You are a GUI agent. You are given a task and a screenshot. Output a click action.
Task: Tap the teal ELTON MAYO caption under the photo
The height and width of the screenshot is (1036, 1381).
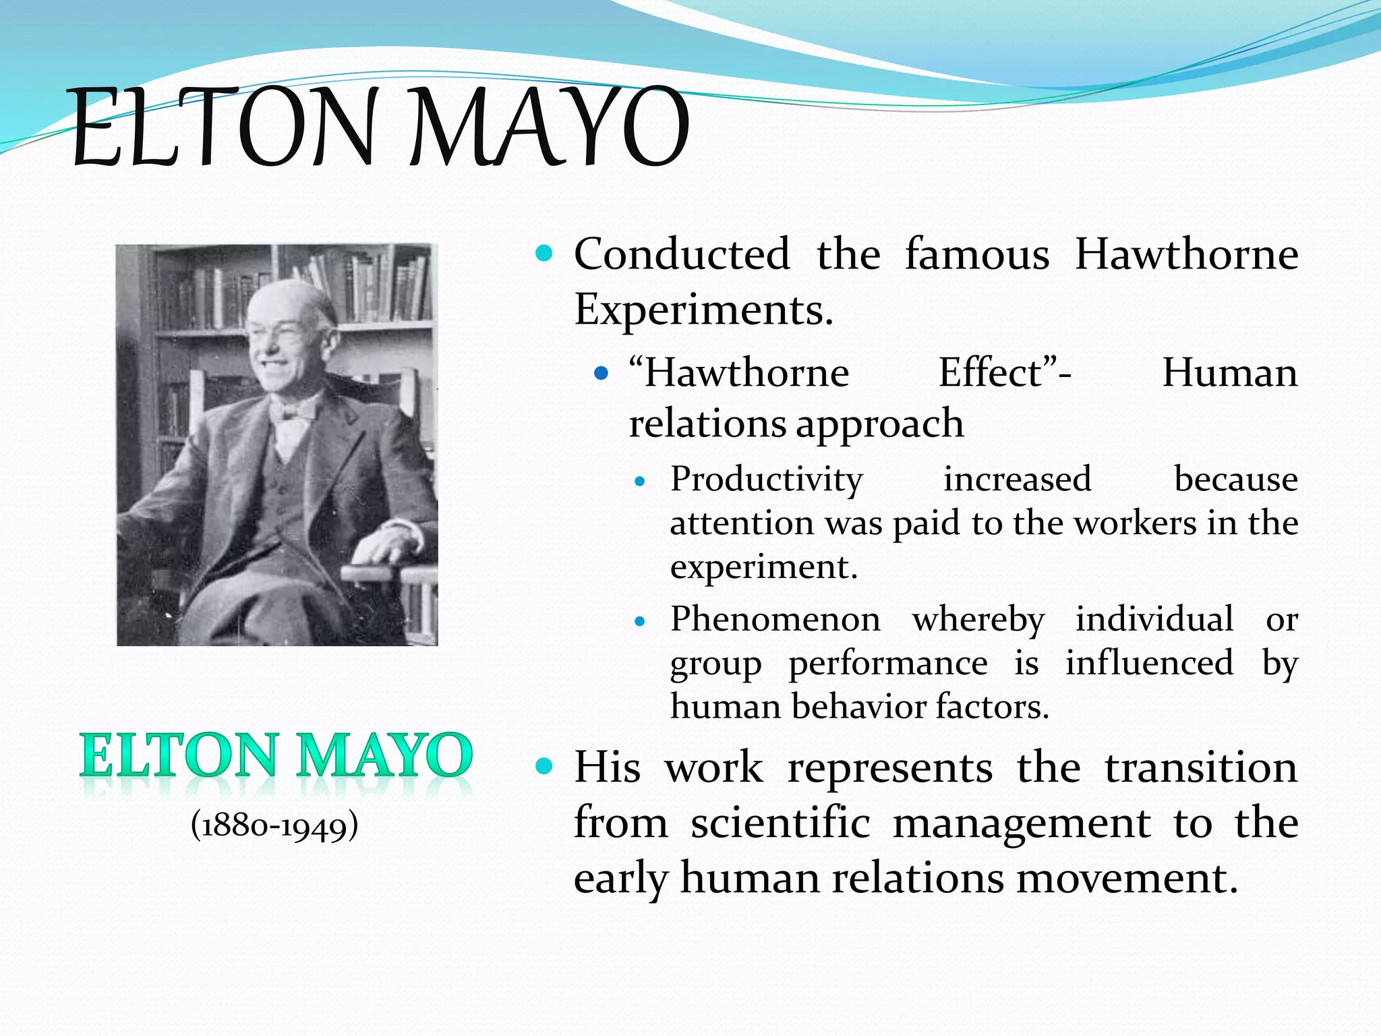(x=276, y=756)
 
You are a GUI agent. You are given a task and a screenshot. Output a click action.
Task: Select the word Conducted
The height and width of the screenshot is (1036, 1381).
(x=681, y=254)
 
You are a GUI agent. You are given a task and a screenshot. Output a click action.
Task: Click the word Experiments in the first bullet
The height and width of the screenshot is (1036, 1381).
(x=703, y=310)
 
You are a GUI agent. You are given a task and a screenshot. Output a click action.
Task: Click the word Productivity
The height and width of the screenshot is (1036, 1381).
(x=766, y=480)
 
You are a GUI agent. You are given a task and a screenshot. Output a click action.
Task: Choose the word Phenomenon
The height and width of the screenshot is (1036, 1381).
(x=775, y=619)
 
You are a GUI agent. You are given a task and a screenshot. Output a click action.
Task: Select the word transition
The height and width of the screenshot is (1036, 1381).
(x=1200, y=768)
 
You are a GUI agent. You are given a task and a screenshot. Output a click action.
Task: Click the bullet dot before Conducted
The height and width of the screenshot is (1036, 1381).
(x=543, y=254)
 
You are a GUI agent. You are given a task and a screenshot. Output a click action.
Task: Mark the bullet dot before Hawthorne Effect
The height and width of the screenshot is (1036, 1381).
(x=601, y=372)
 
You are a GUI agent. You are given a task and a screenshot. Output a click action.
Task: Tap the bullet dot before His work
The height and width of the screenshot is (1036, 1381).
(x=543, y=766)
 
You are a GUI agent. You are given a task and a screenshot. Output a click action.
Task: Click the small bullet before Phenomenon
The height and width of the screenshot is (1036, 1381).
(x=640, y=621)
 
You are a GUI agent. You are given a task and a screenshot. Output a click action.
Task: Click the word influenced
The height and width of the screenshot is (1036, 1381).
(x=1149, y=663)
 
